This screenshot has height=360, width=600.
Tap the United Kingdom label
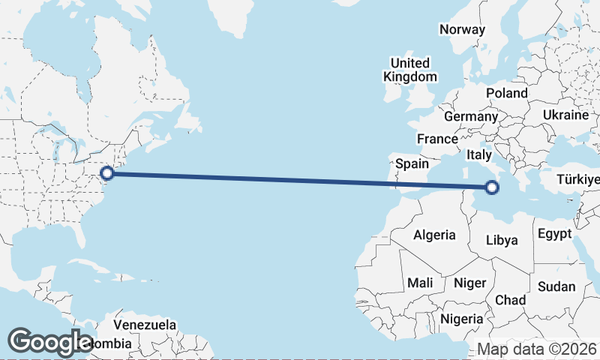click(x=409, y=70)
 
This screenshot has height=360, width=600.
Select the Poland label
click(x=507, y=93)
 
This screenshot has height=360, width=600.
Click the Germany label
click(x=471, y=117)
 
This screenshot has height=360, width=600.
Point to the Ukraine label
click(x=565, y=115)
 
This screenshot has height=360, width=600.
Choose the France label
click(x=437, y=139)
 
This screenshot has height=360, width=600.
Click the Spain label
click(x=412, y=163)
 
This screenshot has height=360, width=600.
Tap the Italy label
click(x=479, y=154)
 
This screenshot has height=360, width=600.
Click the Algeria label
click(x=434, y=235)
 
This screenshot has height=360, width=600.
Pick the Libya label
click(x=502, y=241)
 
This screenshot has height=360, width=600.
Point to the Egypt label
click(x=555, y=234)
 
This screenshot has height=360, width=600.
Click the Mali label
click(x=420, y=283)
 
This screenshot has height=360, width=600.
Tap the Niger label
click(x=470, y=283)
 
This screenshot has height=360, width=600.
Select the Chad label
click(x=510, y=300)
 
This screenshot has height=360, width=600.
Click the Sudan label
click(x=556, y=286)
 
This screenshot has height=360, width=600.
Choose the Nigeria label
click(x=462, y=319)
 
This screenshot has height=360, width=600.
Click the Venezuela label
click(x=145, y=325)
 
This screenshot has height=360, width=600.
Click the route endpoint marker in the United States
click(x=107, y=173)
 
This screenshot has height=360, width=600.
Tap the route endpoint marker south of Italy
click(x=493, y=187)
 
